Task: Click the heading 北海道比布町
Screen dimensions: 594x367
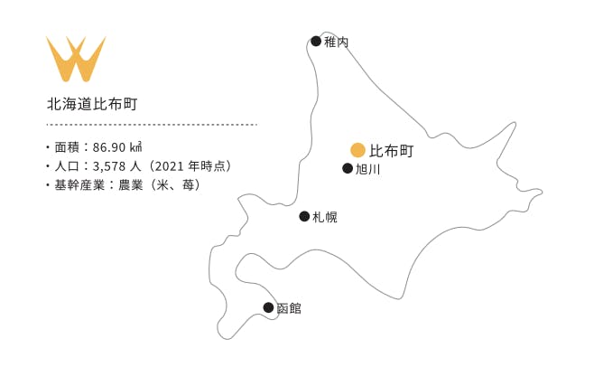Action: click(92, 104)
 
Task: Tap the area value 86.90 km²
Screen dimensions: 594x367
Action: click(117, 146)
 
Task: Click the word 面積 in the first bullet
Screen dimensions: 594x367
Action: click(67, 146)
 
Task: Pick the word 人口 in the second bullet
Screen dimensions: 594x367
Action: click(67, 166)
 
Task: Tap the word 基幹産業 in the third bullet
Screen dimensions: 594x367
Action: click(79, 185)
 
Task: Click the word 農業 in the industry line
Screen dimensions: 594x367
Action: click(131, 185)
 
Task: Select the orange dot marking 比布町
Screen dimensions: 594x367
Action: click(357, 150)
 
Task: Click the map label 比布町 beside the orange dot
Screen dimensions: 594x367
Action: click(391, 151)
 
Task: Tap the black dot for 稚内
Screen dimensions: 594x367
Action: click(316, 41)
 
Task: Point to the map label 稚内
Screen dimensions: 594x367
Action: click(336, 42)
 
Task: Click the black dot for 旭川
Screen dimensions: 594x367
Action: click(348, 168)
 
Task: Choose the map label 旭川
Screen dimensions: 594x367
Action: click(367, 169)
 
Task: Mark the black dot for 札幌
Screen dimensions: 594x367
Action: click(304, 216)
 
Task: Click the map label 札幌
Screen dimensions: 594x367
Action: click(325, 217)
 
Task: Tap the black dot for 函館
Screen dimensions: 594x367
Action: click(268, 307)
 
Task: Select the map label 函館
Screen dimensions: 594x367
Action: click(289, 308)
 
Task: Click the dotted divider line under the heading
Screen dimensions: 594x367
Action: click(152, 125)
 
